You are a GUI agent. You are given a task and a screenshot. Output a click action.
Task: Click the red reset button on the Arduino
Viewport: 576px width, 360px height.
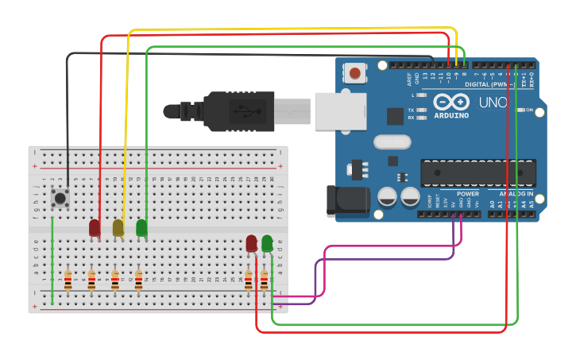coord(355,74)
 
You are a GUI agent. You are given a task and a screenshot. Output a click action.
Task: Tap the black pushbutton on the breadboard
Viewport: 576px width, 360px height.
coord(60,197)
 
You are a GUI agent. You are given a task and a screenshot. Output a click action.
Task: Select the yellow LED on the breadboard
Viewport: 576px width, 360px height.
coord(118,228)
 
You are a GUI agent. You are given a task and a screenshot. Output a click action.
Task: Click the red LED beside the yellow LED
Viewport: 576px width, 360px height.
coord(95,228)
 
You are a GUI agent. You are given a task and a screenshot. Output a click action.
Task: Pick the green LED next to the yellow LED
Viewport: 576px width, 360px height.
coord(141,228)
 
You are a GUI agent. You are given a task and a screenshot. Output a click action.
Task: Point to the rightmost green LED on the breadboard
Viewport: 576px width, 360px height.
coord(268,243)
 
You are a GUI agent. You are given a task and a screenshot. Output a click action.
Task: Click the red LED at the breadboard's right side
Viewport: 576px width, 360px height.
coord(252,243)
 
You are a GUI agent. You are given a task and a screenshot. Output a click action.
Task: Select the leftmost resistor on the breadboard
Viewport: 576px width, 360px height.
coord(68,280)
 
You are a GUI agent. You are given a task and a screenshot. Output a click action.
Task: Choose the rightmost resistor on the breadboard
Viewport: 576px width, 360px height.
coord(264,280)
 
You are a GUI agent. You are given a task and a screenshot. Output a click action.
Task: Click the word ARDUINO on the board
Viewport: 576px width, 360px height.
coord(450,115)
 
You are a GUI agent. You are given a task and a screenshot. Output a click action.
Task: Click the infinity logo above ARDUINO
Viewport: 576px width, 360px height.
coord(450,102)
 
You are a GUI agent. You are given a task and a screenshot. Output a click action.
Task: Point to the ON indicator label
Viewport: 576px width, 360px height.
coord(529,110)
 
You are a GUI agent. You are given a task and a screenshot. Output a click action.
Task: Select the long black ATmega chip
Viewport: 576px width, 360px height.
coord(477,172)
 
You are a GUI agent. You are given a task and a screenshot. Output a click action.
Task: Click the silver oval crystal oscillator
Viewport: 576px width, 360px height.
coord(391,143)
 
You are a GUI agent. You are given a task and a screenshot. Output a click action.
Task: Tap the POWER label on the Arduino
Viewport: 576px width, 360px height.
coord(468,194)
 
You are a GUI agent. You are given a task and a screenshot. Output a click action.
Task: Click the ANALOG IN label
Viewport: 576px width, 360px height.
coord(516,194)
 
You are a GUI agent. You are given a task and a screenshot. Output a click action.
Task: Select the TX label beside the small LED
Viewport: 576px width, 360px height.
coord(411,110)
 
